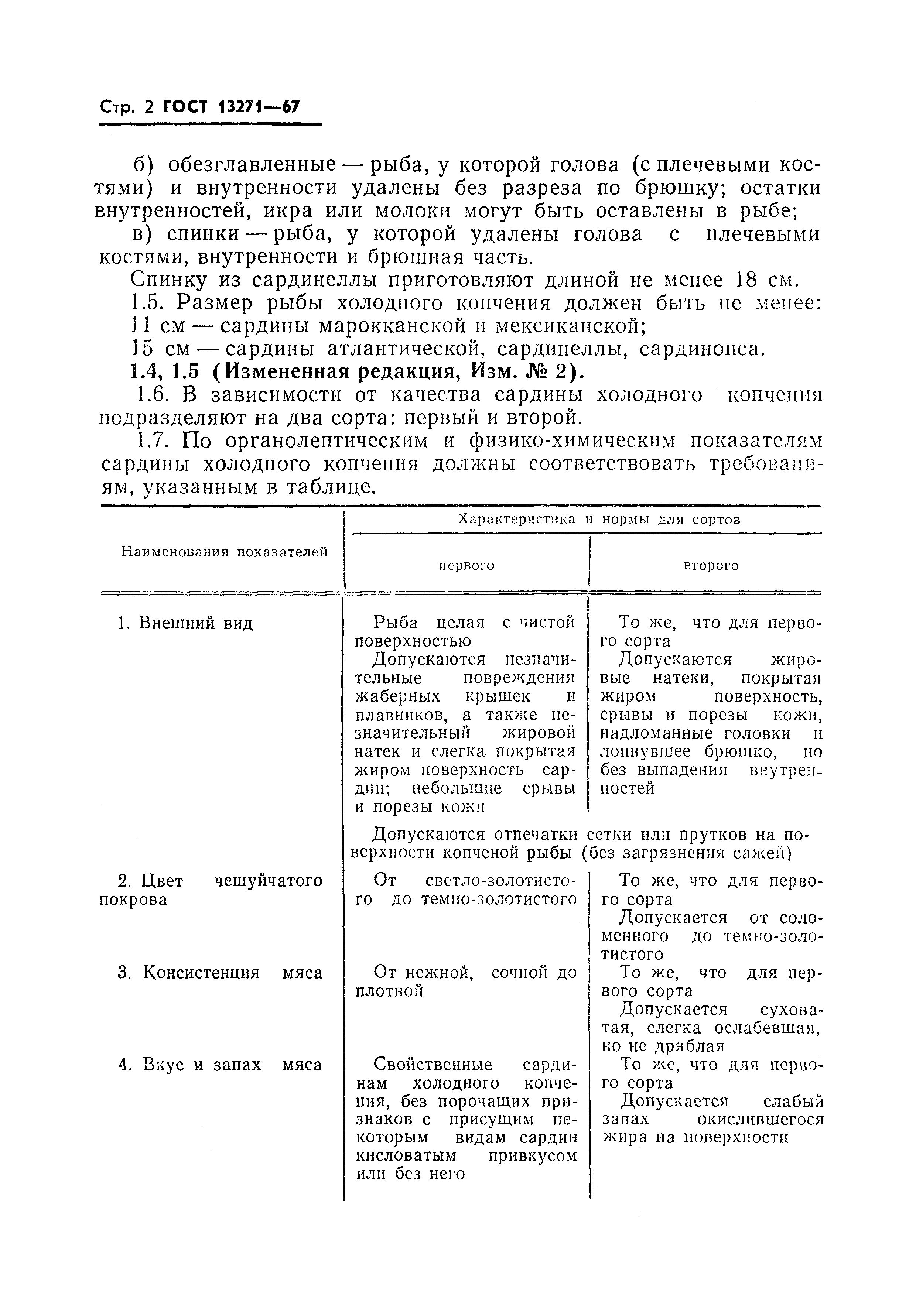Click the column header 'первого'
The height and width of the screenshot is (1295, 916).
coord(466,566)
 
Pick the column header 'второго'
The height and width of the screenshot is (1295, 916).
coord(711,566)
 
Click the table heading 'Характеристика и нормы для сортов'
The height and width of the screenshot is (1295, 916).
coord(599,520)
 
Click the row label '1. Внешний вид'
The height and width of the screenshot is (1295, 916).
coord(186,623)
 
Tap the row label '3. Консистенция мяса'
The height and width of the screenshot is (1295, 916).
coord(221,973)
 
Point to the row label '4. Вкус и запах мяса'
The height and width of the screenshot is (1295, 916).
coord(221,1065)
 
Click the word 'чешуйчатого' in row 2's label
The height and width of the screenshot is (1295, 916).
coord(269,881)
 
